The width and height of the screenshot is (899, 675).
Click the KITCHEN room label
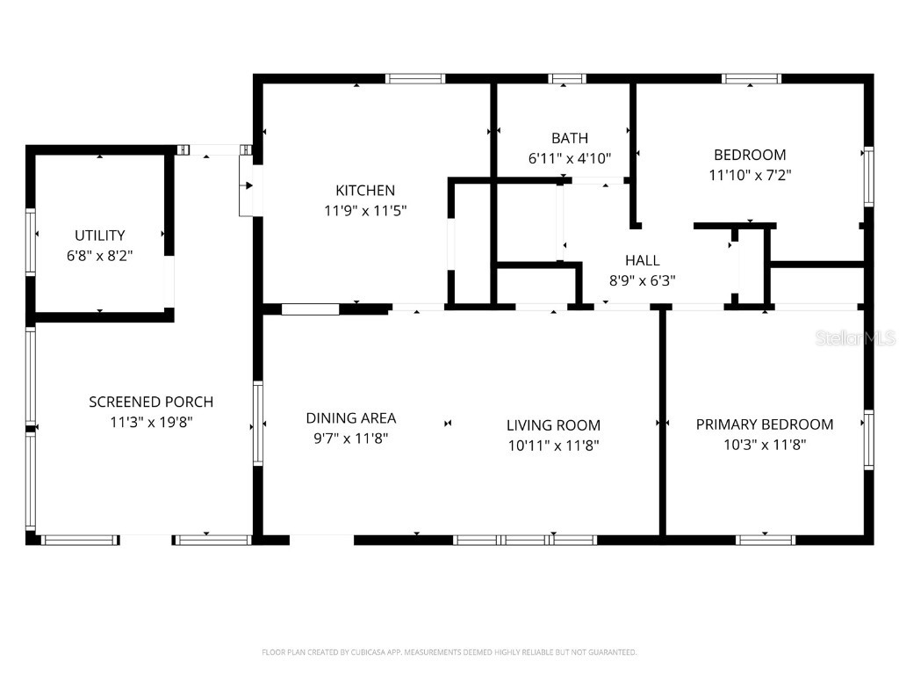tap(365, 190)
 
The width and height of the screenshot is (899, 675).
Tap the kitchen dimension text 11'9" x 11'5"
tap(365, 211)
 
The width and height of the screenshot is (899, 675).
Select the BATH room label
tap(570, 138)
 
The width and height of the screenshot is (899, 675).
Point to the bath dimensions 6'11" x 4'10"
tap(570, 158)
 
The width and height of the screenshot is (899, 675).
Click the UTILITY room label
tap(99, 236)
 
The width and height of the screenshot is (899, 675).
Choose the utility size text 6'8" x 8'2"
tap(99, 256)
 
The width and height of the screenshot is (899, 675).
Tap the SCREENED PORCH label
tap(151, 402)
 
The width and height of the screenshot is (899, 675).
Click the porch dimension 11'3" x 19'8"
tap(151, 422)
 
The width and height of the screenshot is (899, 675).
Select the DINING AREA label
tap(351, 418)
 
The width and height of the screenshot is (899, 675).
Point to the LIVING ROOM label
tap(553, 425)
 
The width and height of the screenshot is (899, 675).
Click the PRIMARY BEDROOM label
tap(765, 425)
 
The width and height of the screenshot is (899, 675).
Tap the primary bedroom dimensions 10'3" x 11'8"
tap(765, 445)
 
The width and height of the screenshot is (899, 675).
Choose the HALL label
tap(642, 260)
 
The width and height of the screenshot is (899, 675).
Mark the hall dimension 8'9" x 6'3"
tap(642, 281)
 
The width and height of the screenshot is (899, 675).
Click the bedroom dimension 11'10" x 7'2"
tap(750, 175)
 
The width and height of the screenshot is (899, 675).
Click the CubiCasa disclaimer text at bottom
tap(449, 652)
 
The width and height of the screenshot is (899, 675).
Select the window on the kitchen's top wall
tap(416, 79)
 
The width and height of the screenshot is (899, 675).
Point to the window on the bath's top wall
tap(567, 79)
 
